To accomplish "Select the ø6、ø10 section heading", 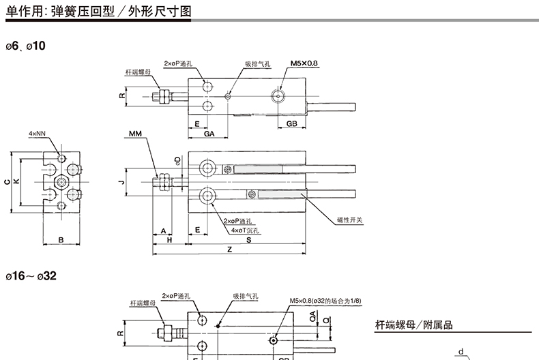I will coord(27,46).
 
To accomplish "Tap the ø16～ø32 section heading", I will coord(32,277).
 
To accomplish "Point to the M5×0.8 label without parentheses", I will coord(304,63).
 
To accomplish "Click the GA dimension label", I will coord(209,134).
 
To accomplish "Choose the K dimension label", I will coord(16,181).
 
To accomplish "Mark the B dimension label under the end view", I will coord(61,239).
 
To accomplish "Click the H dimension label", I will coord(169,239).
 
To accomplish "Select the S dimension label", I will coord(248,239).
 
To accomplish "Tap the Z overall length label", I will coord(229,250).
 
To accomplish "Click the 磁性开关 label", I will coord(350,220).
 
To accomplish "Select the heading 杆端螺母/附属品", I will coord(413,325).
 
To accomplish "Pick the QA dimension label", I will coord(312,317).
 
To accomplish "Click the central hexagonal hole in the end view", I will coord(61,181).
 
